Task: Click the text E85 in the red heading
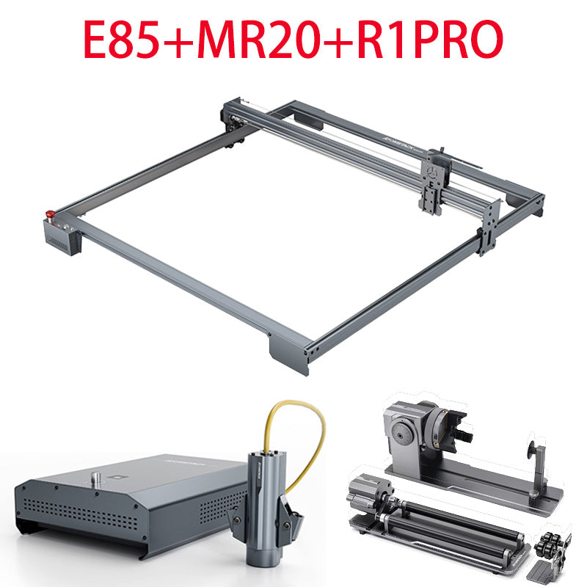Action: tap(121, 39)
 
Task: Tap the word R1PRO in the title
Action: tap(430, 39)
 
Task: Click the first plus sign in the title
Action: tap(178, 40)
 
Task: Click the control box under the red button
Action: tap(62, 237)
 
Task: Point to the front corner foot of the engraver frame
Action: tap(289, 354)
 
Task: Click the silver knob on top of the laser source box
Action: tap(97, 478)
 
